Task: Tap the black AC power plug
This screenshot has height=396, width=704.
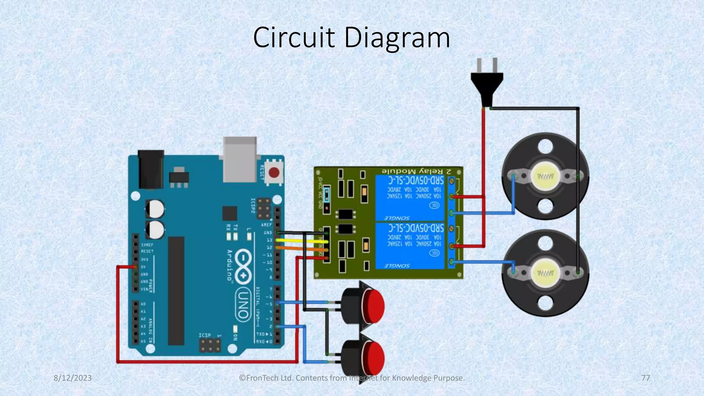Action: pos(487,82)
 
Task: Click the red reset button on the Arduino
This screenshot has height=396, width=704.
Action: pos(274,172)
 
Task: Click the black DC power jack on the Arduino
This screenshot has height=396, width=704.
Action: pos(151,169)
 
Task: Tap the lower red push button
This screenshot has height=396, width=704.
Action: pos(373,357)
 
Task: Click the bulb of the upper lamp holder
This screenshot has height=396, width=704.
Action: pos(546,176)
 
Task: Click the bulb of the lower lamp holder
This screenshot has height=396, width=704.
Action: pos(546,273)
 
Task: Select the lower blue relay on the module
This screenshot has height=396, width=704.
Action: pos(410,246)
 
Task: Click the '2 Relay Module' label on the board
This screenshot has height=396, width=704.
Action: pos(421,171)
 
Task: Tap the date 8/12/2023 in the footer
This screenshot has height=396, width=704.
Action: pos(73,378)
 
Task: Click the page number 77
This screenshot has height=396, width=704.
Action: pos(646,378)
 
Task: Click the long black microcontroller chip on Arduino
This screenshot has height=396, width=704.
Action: pos(176,290)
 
